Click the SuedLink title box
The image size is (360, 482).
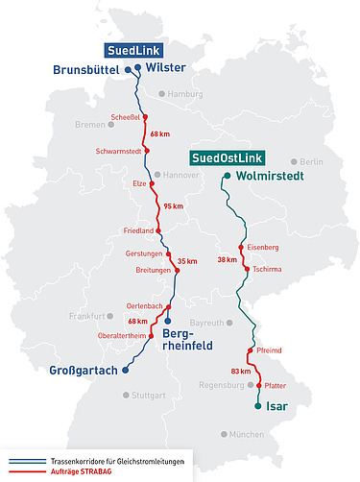point(135,50)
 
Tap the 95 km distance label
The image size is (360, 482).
point(174,206)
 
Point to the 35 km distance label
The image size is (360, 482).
point(187,261)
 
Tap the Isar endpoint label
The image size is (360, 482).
point(276,406)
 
